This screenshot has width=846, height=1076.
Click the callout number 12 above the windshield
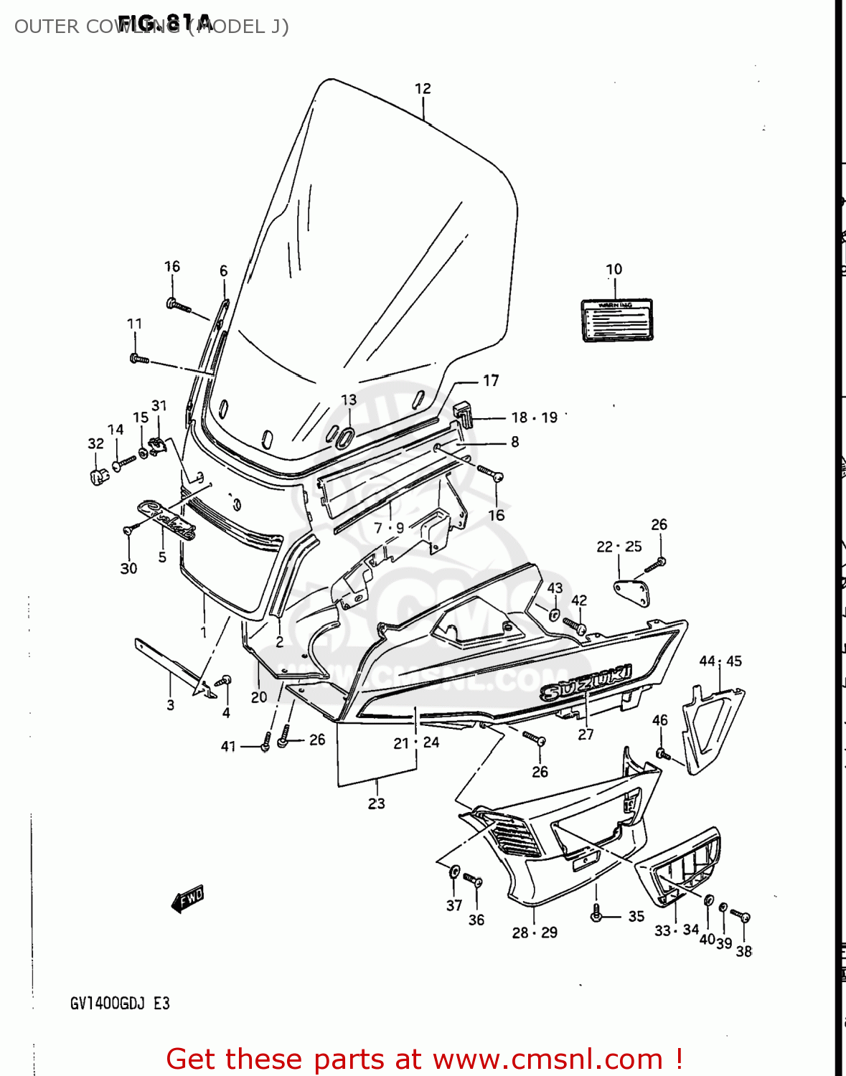click(423, 88)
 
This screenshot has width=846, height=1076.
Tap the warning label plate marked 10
click(616, 320)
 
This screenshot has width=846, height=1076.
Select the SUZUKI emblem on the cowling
click(587, 682)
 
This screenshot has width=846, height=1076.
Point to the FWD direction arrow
click(188, 897)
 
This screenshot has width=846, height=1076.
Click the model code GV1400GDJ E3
click(120, 1003)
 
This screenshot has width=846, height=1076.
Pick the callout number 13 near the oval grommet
click(349, 400)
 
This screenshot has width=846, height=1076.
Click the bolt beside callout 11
click(138, 358)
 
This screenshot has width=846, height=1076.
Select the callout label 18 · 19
click(534, 417)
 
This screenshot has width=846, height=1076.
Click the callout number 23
click(376, 803)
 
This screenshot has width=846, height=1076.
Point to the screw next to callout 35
click(596, 914)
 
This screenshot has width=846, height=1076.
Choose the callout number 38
click(744, 951)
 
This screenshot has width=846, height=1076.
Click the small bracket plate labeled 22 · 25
click(631, 593)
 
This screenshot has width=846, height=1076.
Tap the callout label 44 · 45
click(720, 661)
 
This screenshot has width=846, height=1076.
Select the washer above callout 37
click(454, 871)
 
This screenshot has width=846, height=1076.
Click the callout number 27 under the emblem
click(586, 734)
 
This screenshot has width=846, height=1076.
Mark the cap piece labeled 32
click(99, 475)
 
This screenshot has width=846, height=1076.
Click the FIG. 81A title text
click(166, 22)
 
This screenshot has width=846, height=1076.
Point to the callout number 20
click(258, 697)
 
